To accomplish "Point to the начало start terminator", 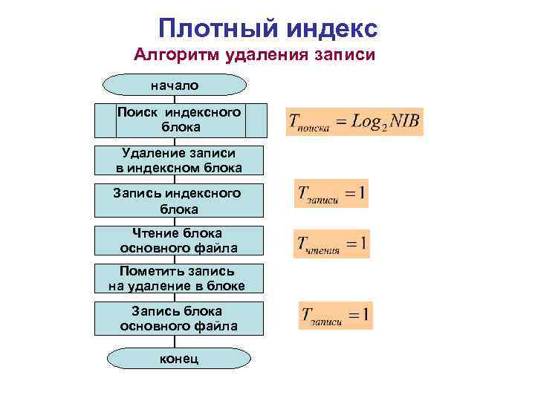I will [x=175, y=85].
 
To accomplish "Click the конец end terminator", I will [x=175, y=359].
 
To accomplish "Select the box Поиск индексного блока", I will [x=181, y=120].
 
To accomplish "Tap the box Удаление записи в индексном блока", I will [x=178, y=160].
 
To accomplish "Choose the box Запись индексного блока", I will [x=177, y=200].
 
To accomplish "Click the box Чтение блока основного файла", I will [x=178, y=240].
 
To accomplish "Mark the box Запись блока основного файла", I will [x=178, y=318].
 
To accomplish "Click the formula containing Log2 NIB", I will [x=354, y=122].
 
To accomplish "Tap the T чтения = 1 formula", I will [x=331, y=244].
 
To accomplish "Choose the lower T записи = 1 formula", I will [x=336, y=316].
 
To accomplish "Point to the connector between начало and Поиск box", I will [x=175, y=100].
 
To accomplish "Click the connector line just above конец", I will [x=175, y=342].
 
